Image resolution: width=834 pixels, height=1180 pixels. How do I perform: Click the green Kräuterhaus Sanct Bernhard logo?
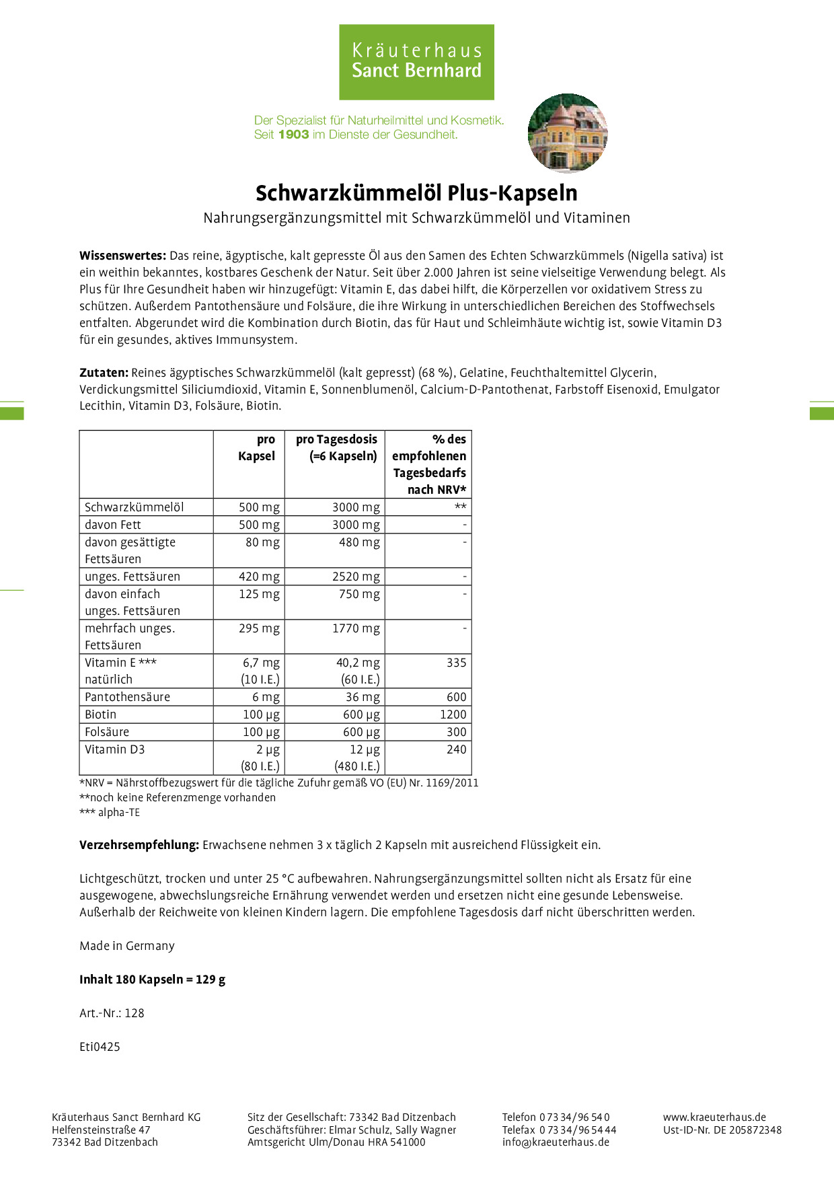[416, 62]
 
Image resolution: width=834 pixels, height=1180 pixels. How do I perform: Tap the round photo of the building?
[568, 133]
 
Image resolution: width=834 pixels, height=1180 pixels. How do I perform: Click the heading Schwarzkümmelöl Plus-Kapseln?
[416, 193]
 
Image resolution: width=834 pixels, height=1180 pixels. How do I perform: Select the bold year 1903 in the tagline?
[293, 135]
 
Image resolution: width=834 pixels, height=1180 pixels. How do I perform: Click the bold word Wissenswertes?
[122, 256]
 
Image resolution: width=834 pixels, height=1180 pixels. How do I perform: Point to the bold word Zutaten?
[104, 373]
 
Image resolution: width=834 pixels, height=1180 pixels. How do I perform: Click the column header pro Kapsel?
[256, 447]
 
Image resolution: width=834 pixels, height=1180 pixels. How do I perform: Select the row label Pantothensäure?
[128, 697]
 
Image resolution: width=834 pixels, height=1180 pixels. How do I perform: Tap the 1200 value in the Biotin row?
[453, 714]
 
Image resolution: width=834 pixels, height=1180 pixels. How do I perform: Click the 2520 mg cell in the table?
[356, 577]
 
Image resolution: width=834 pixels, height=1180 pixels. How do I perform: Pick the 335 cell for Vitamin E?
[456, 663]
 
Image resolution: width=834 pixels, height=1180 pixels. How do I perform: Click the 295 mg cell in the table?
[259, 628]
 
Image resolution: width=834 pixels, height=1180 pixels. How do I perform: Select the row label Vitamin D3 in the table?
[115, 749]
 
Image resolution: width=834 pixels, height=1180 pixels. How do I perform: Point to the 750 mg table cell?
[359, 594]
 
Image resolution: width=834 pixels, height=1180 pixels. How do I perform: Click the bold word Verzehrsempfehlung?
[139, 845]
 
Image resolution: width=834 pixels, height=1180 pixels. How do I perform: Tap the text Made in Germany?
[127, 946]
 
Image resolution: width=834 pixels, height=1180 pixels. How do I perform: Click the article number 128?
[135, 1013]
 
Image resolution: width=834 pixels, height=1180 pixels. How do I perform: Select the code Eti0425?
[100, 1047]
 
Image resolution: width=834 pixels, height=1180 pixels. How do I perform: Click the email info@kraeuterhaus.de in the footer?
[556, 1142]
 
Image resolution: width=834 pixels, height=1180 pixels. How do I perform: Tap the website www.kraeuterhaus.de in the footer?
[714, 1117]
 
